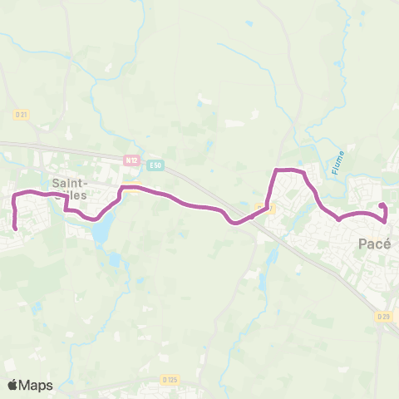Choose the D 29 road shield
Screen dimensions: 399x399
(x=383, y=317)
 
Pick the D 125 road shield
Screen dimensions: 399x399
(x=170, y=380)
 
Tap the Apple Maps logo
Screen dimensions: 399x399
(x=29, y=385)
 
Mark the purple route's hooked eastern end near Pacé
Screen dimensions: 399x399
(x=381, y=204)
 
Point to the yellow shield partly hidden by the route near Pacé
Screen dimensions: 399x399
(x=263, y=208)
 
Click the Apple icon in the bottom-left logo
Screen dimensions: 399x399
(x=12, y=384)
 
